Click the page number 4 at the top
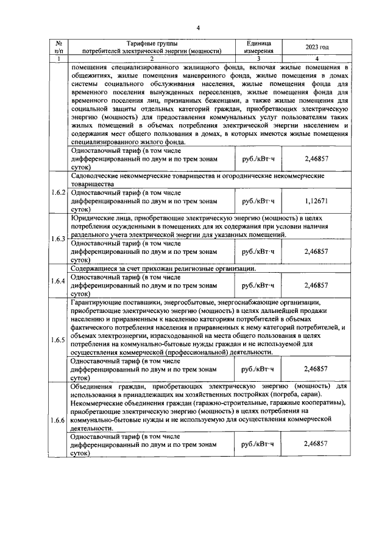[x=198, y=28]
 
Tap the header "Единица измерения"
[x=258, y=47]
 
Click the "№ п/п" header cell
[x=58, y=47]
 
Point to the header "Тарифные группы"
[x=152, y=43]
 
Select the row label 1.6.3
[x=58, y=238]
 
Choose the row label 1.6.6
[x=58, y=421]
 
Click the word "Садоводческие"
[x=97, y=175]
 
